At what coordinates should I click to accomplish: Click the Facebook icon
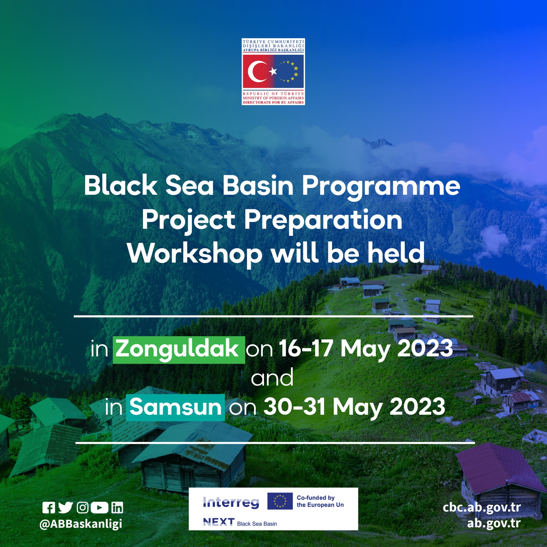point(49,508)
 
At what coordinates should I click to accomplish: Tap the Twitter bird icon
point(65,508)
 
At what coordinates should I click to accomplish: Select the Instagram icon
point(83,508)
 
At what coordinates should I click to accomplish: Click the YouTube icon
point(100,508)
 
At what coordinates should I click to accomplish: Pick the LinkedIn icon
point(117,508)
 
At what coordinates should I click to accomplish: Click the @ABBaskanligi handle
point(81,524)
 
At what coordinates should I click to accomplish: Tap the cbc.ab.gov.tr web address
point(482,508)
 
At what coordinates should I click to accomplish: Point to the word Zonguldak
point(177,349)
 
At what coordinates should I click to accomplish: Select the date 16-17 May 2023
point(366,349)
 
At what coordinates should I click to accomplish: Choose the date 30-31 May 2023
point(355,407)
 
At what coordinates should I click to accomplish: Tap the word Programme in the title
point(381,187)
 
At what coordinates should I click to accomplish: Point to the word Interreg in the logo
point(231,502)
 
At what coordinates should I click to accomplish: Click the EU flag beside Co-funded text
point(280,501)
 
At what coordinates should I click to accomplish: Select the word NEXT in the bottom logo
point(219,522)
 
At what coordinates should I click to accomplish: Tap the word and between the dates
point(272,378)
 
